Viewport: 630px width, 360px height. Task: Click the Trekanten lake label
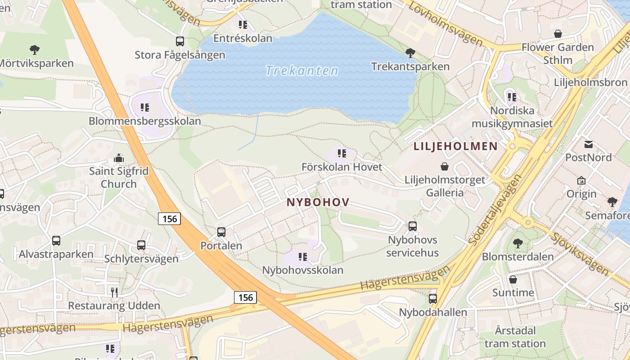pos(301,71)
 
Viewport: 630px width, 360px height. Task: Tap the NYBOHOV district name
pos(318,202)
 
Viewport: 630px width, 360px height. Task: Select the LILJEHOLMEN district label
pos(455,146)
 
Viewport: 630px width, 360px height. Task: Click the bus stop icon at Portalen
pos(221,232)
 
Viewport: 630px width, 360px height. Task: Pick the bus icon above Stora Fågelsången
pos(180,41)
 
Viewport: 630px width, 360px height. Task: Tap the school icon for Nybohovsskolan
pos(303,257)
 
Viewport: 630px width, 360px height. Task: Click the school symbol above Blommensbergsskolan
pos(144,108)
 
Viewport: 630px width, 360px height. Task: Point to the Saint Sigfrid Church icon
pos(119,158)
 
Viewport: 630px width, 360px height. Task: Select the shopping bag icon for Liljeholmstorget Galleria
pos(445,167)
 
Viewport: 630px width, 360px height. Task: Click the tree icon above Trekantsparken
pos(410,53)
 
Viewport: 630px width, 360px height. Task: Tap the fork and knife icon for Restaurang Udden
pos(114,292)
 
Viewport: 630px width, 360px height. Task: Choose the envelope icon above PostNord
pos(588,144)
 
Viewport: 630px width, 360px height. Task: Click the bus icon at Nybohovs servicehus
pos(412,226)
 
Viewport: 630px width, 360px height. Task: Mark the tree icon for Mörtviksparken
pos(35,50)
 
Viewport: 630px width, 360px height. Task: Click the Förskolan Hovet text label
pos(342,167)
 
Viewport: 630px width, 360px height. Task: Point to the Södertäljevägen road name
pos(495,210)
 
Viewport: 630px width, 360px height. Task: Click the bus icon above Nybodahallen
pos(433,298)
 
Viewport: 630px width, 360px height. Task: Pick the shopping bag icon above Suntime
pos(513,279)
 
